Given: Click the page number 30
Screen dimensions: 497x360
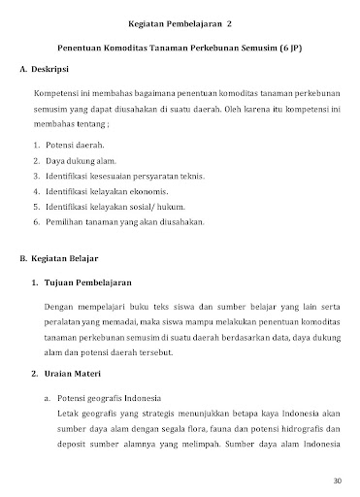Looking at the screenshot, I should (x=337, y=480).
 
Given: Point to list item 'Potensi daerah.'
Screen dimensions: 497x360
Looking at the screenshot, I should (x=76, y=143).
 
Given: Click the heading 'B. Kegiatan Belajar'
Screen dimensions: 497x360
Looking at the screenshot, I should (x=63, y=259).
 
